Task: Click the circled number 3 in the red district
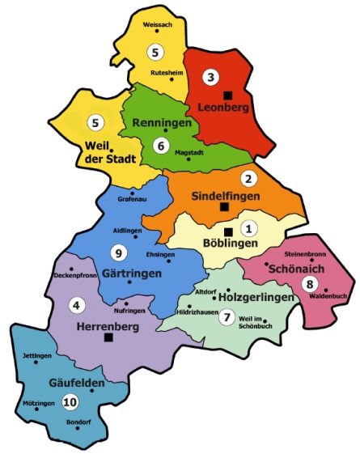click(x=211, y=78)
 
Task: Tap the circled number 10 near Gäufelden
click(x=70, y=401)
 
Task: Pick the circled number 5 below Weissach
click(x=155, y=51)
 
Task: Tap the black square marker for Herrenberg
click(x=108, y=339)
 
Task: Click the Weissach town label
click(x=157, y=25)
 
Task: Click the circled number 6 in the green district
click(x=161, y=146)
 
